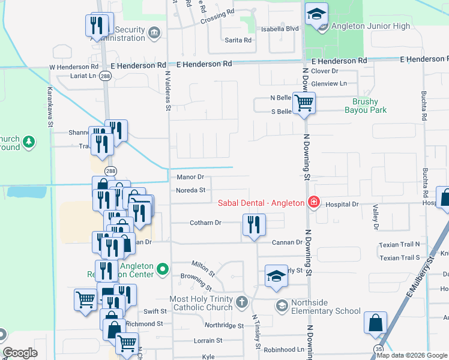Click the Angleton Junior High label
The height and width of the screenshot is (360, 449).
pyautogui.click(x=372, y=26)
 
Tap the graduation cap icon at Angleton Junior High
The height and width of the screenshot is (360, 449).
pyautogui.click(x=316, y=13)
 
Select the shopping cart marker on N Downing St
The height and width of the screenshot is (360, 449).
pyautogui.click(x=304, y=103)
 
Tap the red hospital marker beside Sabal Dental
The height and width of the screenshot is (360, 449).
pyautogui.click(x=313, y=203)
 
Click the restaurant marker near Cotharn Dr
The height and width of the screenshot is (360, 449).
pyautogui.click(x=254, y=225)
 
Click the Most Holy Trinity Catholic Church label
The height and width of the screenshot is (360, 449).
pyautogui.click(x=201, y=303)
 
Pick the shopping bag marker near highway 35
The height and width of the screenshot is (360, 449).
pyautogui.click(x=375, y=323)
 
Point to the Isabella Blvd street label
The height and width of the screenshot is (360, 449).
pyautogui.click(x=279, y=28)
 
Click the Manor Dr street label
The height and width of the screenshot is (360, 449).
pyautogui.click(x=191, y=177)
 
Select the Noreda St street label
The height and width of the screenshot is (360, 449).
pyautogui.click(x=191, y=190)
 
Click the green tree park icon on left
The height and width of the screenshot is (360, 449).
pyautogui.click(x=28, y=142)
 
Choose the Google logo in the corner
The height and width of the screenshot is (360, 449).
pyautogui.click(x=20, y=353)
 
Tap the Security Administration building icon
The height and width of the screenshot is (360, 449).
pyautogui.click(x=154, y=32)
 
